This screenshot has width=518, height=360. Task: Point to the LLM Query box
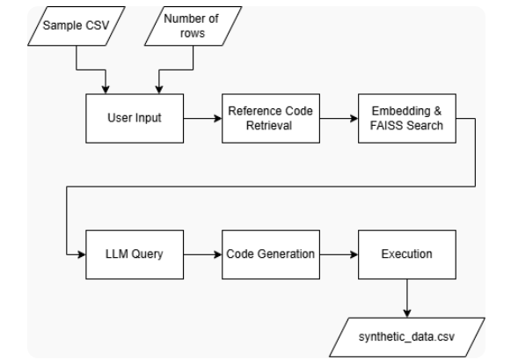tap(131, 253)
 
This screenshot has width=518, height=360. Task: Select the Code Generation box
tap(268, 253)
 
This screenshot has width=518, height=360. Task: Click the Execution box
tap(406, 253)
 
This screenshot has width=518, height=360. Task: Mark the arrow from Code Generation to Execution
tap(336, 253)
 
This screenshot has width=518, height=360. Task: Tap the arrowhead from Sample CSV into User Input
tap(107, 89)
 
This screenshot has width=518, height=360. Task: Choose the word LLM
tap(115, 253)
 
